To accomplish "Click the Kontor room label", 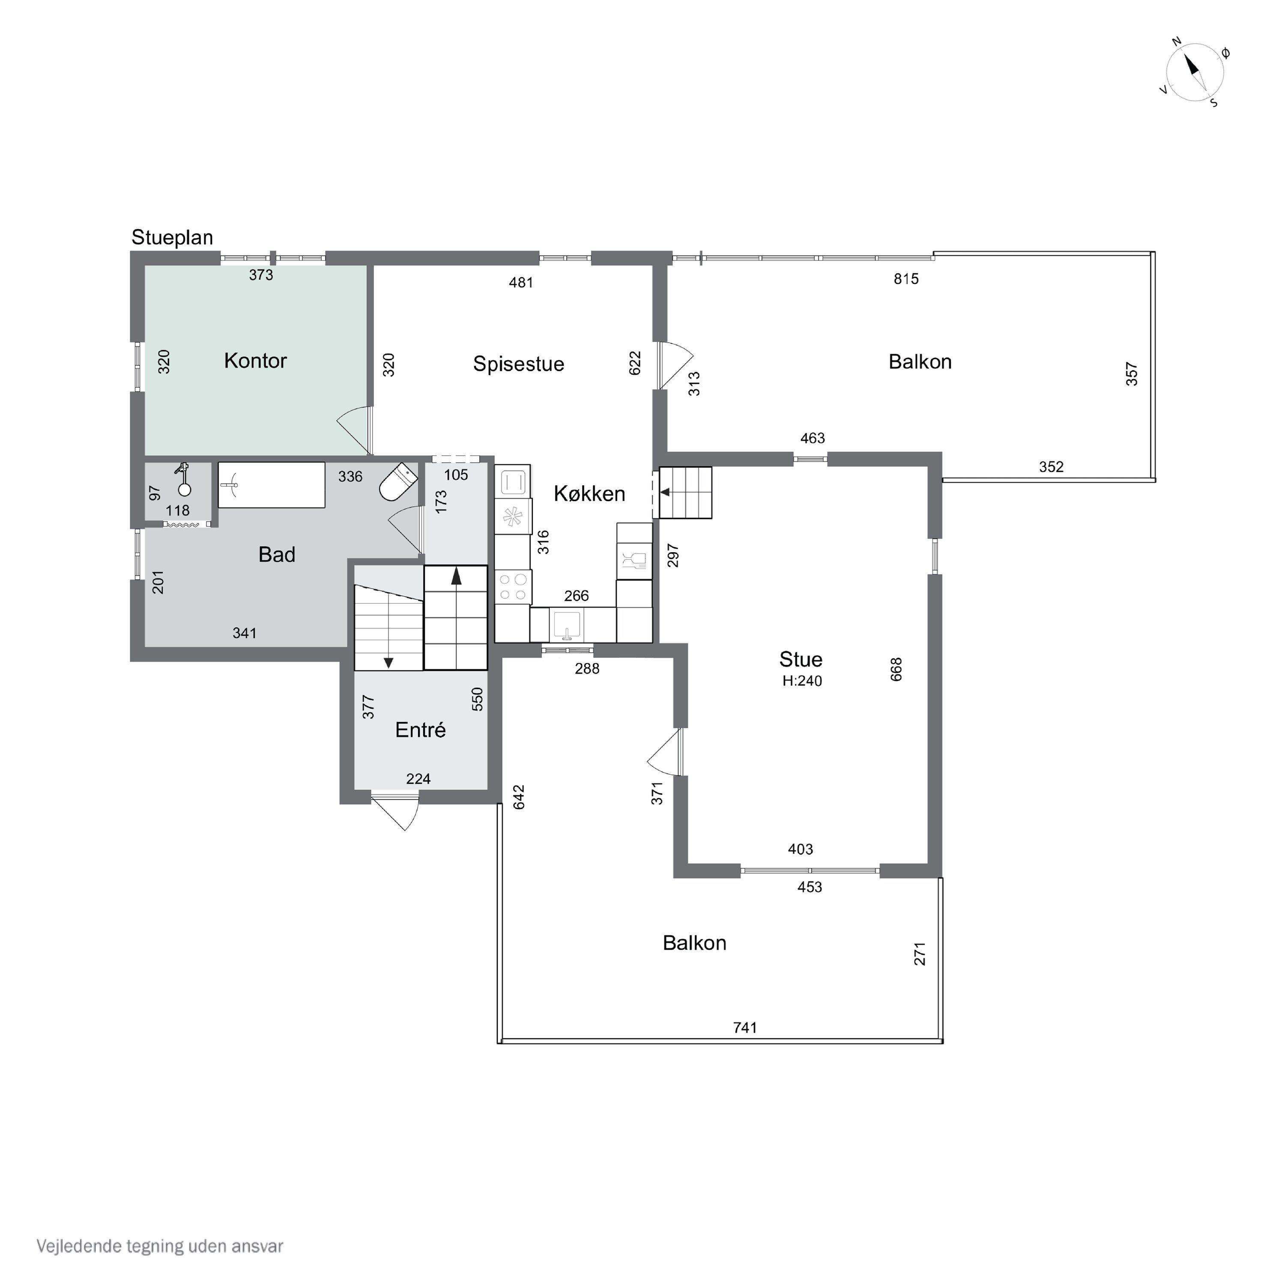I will coord(255,361).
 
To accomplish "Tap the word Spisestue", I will coord(519,364).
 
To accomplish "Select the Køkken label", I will coord(589,493).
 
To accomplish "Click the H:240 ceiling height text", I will coord(802,681).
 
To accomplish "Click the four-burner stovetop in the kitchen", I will coord(513,587).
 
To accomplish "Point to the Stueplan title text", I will coord(172,237).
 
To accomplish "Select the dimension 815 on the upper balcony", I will coord(906,279).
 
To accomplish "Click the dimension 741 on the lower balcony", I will coord(745,1028).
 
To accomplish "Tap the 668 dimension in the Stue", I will coord(896,669).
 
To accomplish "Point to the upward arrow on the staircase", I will coord(456,576).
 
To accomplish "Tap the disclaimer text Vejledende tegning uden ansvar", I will coord(160,1246).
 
